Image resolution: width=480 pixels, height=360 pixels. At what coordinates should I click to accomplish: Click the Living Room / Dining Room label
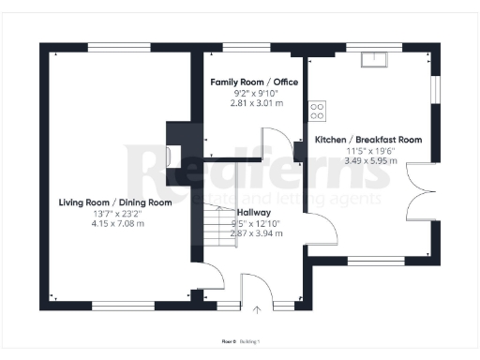pyautogui.click(x=115, y=202)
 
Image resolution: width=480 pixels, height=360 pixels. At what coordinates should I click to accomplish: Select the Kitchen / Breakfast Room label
pyautogui.click(x=368, y=139)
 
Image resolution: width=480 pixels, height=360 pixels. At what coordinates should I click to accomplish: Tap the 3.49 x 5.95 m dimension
pyautogui.click(x=368, y=160)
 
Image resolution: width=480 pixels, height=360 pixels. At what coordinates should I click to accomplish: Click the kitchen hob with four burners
pyautogui.click(x=317, y=111)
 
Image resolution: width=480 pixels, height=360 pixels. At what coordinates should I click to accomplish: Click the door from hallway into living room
pyautogui.click(x=213, y=277)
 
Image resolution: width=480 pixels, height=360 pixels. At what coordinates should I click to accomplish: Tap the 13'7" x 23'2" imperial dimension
pyautogui.click(x=115, y=213)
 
